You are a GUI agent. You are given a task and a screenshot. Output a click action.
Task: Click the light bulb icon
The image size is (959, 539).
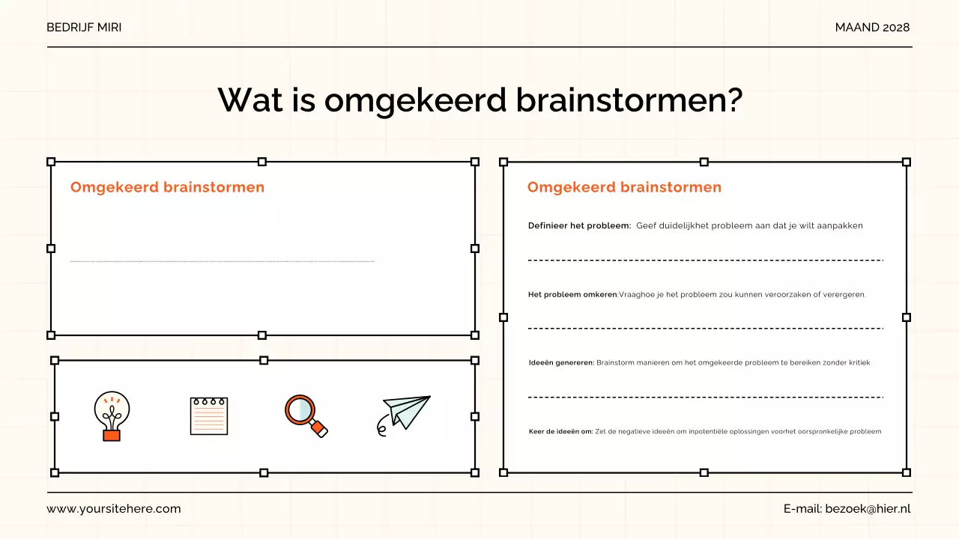(112, 415)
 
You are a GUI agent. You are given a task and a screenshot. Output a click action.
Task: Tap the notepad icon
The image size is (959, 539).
(208, 415)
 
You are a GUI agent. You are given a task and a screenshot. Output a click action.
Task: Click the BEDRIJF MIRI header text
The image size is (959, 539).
(84, 28)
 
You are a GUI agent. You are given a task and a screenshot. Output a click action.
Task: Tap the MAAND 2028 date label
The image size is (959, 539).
(872, 28)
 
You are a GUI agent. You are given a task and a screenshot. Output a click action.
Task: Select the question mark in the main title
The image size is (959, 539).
(734, 100)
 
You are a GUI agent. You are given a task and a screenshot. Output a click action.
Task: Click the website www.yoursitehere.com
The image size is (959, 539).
(114, 509)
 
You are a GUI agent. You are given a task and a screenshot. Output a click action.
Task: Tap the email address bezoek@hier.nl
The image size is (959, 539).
(868, 509)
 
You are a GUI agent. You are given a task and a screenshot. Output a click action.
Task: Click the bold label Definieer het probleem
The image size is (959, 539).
(579, 226)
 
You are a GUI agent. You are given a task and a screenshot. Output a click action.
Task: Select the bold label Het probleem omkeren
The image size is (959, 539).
(572, 295)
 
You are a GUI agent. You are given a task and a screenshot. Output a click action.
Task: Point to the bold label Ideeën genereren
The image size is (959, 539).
(561, 363)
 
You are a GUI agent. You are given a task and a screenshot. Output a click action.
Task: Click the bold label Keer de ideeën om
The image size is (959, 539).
(560, 432)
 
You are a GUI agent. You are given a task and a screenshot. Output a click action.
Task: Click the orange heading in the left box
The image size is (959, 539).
(167, 187)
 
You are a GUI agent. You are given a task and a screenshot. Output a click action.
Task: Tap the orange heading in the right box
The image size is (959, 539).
(624, 187)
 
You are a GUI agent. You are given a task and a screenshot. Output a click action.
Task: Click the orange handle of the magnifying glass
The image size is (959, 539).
(319, 429)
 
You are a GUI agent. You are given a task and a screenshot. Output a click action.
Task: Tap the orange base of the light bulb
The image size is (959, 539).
(112, 434)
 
